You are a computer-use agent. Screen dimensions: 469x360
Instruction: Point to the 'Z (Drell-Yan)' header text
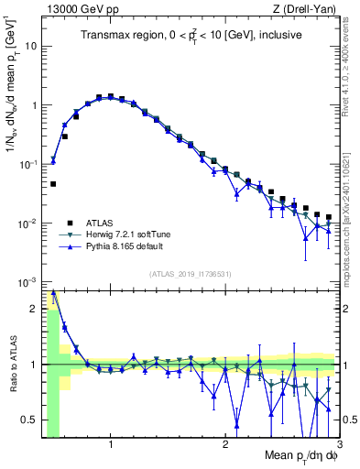click(x=309, y=9)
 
